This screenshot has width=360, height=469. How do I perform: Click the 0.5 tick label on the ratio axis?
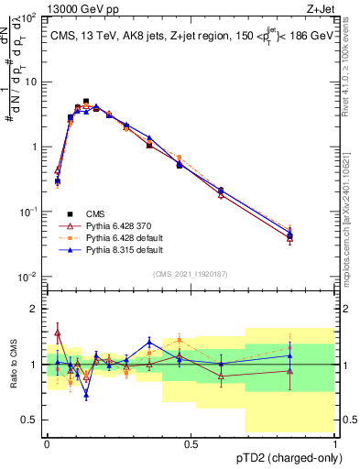(x=30, y=420)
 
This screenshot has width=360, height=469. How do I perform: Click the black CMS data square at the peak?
(x=86, y=102)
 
